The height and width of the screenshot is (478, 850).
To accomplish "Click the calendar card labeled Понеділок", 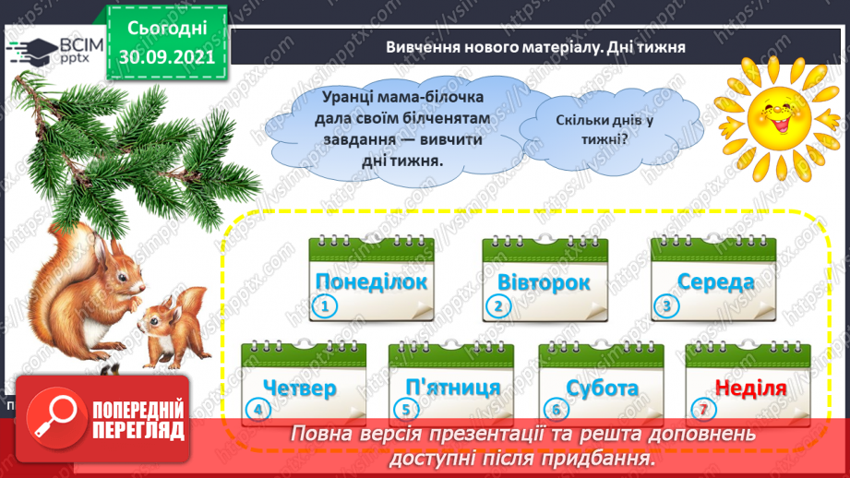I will pyautogui.click(x=371, y=281).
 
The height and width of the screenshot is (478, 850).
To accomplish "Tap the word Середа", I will pyautogui.click(x=714, y=281).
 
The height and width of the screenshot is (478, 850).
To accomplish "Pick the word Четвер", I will pyautogui.click(x=299, y=388).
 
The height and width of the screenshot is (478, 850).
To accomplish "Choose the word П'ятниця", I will pyautogui.click(x=452, y=388).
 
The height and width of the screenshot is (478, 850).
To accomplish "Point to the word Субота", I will pyautogui.click(x=603, y=388).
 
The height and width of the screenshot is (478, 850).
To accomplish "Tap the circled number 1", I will pyautogui.click(x=324, y=307).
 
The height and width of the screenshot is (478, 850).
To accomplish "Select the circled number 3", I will pyautogui.click(x=665, y=307).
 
